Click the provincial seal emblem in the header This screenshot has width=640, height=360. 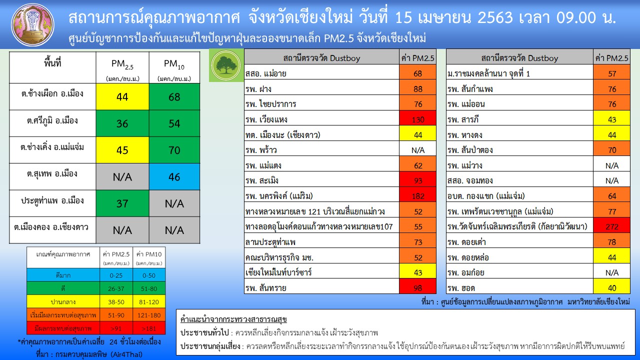pos(32,25)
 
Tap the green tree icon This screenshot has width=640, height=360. pos(226,65)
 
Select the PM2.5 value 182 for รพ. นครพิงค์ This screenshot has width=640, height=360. pos(417,196)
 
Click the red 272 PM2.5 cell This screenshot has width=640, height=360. pos(611,226)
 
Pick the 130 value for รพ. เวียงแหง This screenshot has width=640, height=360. pos(417,119)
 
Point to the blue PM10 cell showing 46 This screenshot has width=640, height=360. pos(174,177)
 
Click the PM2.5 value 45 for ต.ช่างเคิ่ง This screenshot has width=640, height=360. pos(122,150)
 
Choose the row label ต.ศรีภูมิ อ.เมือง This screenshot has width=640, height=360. pos(52,120)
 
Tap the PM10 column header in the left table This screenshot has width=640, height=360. pos(174,68)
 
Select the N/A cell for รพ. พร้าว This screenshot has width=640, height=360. pos(417,150)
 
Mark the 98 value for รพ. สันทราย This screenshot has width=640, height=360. pos(417,287)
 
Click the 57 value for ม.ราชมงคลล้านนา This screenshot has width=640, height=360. pos(611,73)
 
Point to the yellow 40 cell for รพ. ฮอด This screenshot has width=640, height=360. pos(611,287)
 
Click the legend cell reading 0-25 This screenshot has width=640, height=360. pos(116,275)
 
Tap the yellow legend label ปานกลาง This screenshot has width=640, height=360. pos(63,302)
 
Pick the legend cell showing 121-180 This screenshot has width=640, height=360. pos(149,315)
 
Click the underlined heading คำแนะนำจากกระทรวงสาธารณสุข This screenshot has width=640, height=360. pos(233,319)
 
